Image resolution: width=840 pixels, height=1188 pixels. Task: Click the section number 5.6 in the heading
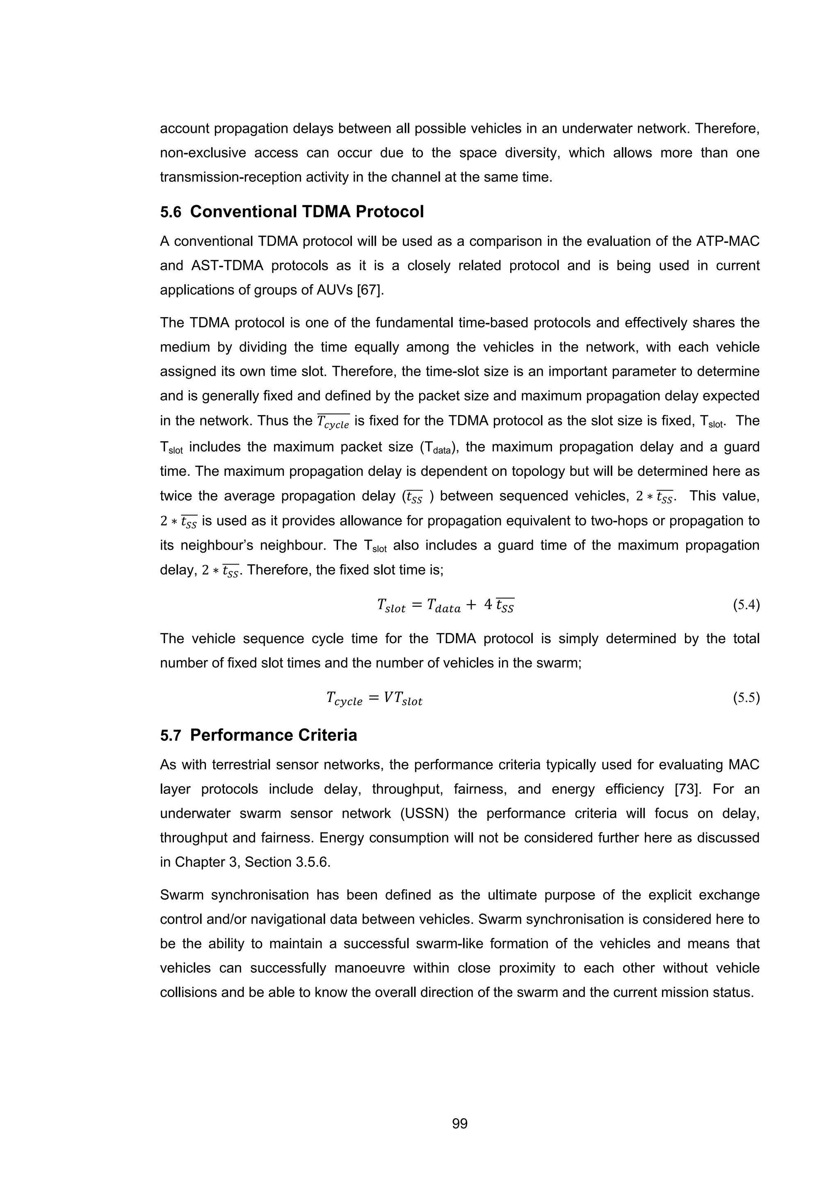coord(170,212)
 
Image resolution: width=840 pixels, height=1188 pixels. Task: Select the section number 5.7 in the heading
coord(170,736)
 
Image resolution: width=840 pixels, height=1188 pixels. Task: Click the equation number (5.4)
coord(746,605)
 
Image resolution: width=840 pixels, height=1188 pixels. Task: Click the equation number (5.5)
coord(746,698)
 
